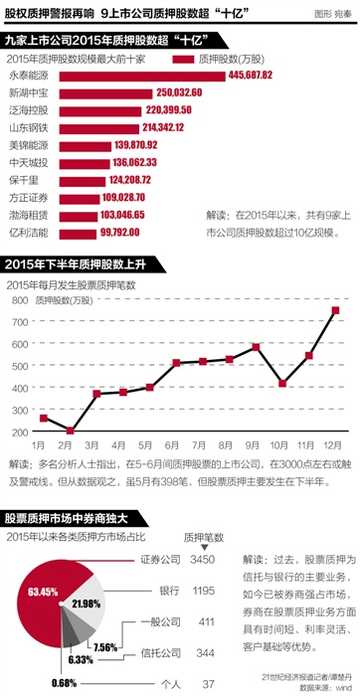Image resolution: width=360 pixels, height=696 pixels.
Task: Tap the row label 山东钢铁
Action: coord(28,127)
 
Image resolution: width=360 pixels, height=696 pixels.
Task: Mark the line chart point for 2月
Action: coord(71,431)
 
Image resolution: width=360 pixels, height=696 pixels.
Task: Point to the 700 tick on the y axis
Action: coord(19,295)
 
